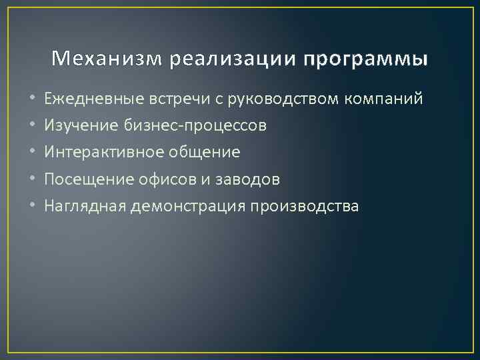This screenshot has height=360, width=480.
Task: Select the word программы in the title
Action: (366, 61)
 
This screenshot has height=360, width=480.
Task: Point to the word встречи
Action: (179, 100)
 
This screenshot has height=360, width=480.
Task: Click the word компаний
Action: (384, 100)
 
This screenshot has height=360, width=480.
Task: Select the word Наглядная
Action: (85, 206)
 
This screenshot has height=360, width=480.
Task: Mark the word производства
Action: (305, 206)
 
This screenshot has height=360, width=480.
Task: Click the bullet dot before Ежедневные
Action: (33, 100)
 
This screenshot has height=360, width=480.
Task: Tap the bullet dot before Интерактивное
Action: (33, 153)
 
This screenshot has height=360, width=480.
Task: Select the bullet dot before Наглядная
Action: (33, 206)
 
